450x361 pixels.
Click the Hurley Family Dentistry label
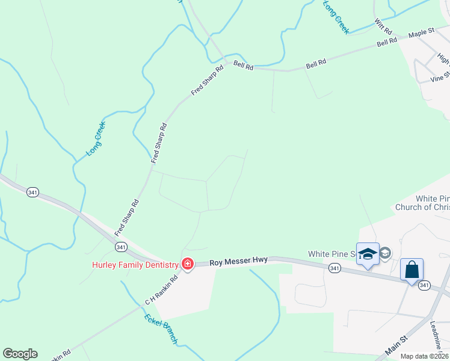[x=135, y=265]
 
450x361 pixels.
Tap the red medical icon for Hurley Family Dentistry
[x=187, y=265]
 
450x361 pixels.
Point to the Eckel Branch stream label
[x=161, y=328]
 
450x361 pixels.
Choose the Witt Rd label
[x=383, y=26]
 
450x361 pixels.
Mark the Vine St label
[x=440, y=76]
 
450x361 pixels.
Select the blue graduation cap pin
[x=368, y=253]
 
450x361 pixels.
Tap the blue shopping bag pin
[x=412, y=269]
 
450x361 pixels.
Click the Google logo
[x=20, y=354]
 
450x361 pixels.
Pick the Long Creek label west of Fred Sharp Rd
[x=96, y=139]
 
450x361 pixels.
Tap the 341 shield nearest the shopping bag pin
[x=425, y=285]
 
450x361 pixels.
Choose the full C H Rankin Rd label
[x=162, y=289]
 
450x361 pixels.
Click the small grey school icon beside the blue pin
[x=386, y=253]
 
